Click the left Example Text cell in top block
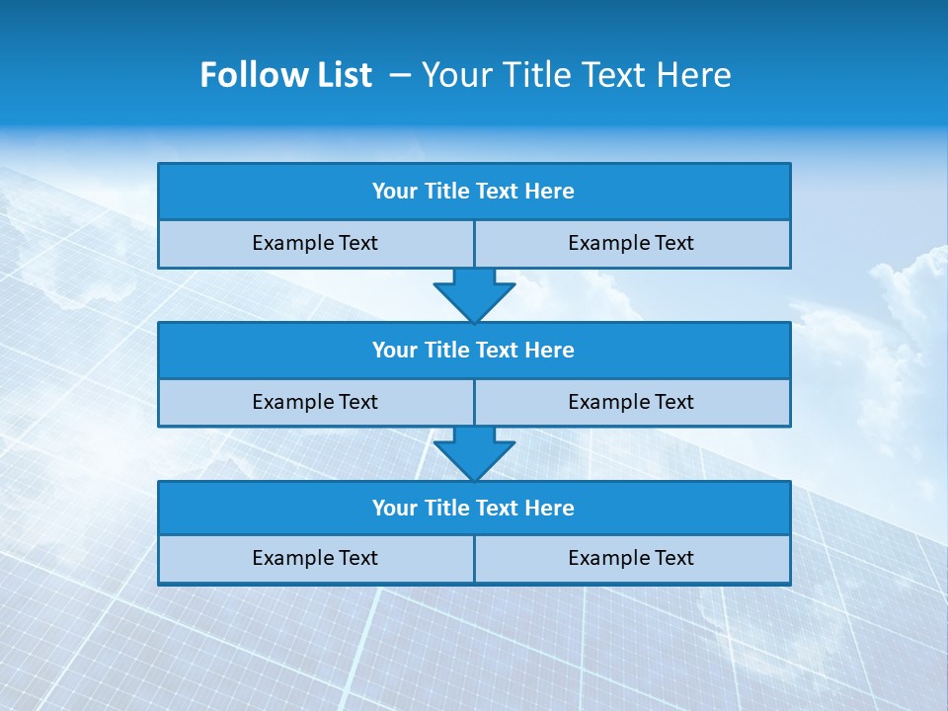tap(316, 244)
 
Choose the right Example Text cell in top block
tap(632, 244)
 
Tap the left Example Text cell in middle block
tap(316, 403)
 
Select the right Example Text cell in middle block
tap(632, 403)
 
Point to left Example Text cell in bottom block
tap(316, 559)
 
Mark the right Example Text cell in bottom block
tap(632, 559)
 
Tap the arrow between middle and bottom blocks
tap(474, 453)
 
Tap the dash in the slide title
tap(400, 75)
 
